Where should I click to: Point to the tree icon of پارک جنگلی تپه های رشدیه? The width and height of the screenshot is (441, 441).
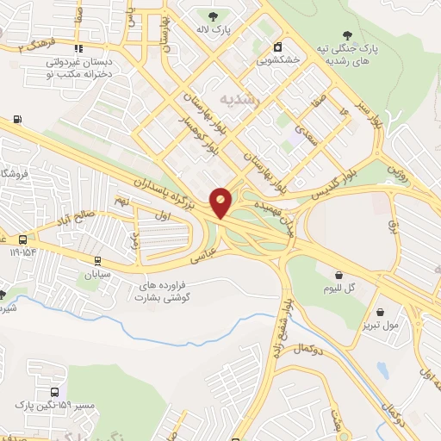click(347, 33)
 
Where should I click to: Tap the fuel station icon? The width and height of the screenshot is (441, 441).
click(16, 118)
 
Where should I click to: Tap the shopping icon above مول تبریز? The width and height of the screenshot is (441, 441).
click(380, 312)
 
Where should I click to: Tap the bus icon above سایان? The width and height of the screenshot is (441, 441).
click(96, 261)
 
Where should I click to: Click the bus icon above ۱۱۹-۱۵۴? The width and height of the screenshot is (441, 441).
click(22, 240)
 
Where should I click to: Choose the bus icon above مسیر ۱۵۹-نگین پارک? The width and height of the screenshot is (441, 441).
click(55, 369)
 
